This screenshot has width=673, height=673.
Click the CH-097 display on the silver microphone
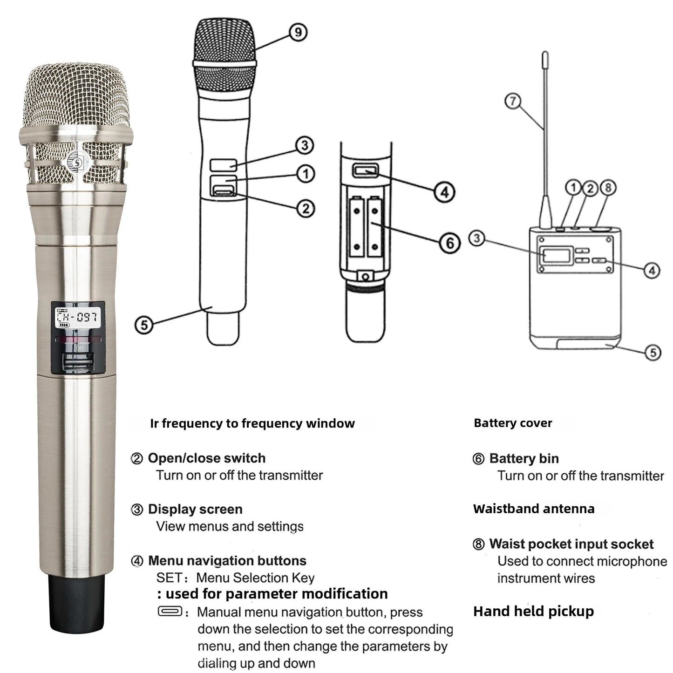[x=77, y=317]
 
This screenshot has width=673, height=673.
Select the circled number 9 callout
[x=298, y=32]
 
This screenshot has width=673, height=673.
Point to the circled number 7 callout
[x=513, y=101]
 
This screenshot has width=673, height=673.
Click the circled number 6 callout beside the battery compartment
[x=450, y=243]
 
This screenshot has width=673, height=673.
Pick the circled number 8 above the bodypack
[x=607, y=188]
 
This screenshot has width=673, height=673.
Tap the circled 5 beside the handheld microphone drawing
[x=144, y=324]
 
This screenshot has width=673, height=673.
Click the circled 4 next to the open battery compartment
[x=444, y=192]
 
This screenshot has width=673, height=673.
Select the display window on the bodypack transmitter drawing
[x=556, y=256]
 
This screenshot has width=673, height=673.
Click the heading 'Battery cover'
[x=513, y=423]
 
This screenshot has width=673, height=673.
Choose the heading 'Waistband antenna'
[x=534, y=509]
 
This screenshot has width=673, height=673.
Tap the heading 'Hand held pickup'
[x=533, y=611]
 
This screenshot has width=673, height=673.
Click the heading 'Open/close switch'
[x=207, y=458]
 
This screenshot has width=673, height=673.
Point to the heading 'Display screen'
[x=195, y=509]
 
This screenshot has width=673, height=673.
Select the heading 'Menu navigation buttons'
[x=227, y=560]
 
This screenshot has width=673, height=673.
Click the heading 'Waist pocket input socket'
[x=571, y=544]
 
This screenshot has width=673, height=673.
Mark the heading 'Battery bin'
[x=524, y=458]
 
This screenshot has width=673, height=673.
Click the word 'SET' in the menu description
[x=169, y=578]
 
